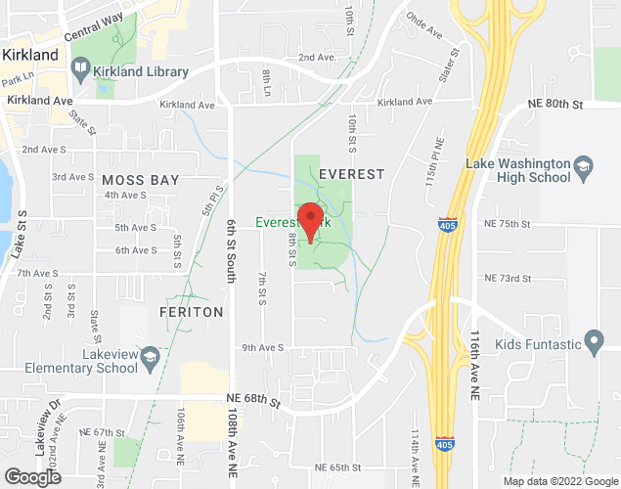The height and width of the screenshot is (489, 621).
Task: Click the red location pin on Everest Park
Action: tap(310, 220)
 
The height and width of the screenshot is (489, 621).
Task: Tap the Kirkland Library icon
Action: tap(80, 71)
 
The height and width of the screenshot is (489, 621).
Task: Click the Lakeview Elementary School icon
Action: tap(151, 357)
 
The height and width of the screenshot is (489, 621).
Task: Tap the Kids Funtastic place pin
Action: tap(593, 341)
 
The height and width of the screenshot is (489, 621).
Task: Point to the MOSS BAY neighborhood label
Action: tap(140, 180)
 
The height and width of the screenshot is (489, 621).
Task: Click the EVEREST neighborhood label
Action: tap(352, 172)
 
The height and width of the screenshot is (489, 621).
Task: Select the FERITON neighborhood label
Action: tap(192, 311)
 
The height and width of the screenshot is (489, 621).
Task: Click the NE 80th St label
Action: tap(555, 104)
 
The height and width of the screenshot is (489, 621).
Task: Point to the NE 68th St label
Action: tap(252, 399)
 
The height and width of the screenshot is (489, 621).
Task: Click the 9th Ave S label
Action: tap(262, 347)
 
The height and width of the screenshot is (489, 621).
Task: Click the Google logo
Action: tap(31, 476)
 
